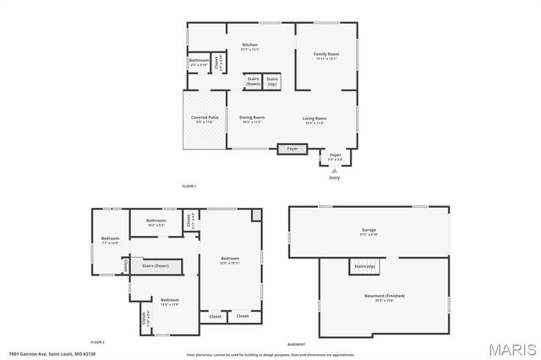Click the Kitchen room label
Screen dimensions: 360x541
(x=249, y=46)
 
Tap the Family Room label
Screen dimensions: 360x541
(x=326, y=57)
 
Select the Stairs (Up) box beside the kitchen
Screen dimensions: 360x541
(x=272, y=82)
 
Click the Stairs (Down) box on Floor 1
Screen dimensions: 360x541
(x=253, y=82)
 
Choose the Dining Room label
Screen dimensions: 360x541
(x=252, y=119)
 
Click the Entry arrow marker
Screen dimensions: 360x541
(x=335, y=171)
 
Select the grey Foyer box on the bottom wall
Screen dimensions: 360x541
(x=292, y=149)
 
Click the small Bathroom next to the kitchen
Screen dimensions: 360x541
(x=199, y=62)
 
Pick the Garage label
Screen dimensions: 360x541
(x=369, y=231)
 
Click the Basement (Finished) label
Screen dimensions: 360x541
(x=384, y=297)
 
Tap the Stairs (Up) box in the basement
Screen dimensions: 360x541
(x=364, y=267)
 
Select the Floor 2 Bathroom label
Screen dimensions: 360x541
(x=157, y=222)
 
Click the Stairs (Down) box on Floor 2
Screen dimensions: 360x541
(x=156, y=266)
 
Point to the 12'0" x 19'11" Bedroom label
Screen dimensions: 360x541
(x=230, y=259)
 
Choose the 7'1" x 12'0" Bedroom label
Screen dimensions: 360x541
(x=111, y=240)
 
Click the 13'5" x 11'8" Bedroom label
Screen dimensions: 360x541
(x=170, y=302)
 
